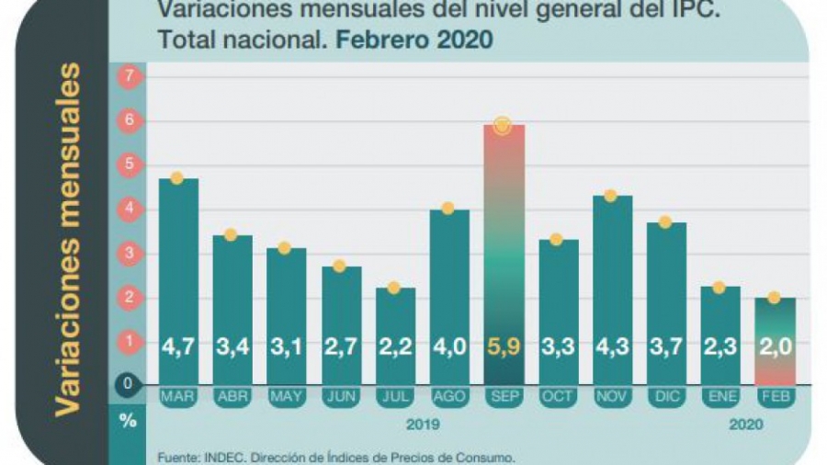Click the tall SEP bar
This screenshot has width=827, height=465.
pos(504,248)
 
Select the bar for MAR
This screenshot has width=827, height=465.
pos(178,276)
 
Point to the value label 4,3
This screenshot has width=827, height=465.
pos(612,347)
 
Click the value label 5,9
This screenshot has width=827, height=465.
pos(504,347)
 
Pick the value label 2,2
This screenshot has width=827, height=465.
pos(395,347)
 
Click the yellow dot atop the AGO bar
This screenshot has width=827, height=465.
pos(448,208)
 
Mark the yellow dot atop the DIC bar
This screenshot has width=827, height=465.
pos(665,221)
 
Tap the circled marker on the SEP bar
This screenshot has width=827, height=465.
pos(502,126)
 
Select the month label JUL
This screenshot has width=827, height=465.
pos(395,396)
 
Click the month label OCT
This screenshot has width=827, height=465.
pos(557,396)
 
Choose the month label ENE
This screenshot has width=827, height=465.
pos(719,396)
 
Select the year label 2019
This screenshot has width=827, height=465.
pos(422,425)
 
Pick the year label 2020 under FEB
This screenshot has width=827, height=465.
pos(746,425)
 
